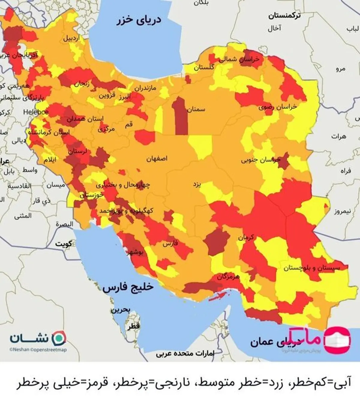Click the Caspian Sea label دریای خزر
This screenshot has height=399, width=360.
(139, 20)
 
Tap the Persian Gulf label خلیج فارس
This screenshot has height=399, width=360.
(128, 287)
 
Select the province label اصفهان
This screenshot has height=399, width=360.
(157, 159)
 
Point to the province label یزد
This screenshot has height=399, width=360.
(197, 184)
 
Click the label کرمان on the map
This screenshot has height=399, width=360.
(246, 238)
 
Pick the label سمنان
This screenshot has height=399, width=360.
(196, 109)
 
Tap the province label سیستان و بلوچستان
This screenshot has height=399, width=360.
(312, 268)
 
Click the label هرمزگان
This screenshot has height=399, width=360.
(228, 277)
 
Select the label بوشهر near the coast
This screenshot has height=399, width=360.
(135, 252)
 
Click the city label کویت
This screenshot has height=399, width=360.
(63, 244)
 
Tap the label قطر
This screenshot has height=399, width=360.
(133, 326)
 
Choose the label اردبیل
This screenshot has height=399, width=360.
(72, 38)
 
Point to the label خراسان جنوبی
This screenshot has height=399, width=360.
(260, 160)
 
